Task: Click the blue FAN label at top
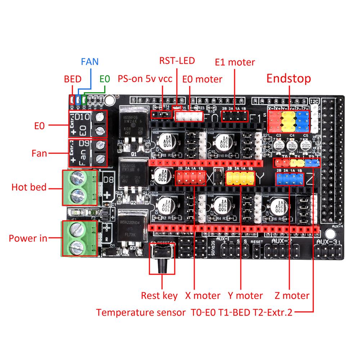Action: (89, 61)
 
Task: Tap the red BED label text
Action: (72, 79)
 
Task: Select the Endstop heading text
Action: (288, 78)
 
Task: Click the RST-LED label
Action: (177, 60)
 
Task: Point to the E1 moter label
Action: (235, 62)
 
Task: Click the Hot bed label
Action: (29, 187)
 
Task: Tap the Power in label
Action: (28, 238)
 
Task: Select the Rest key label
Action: (159, 296)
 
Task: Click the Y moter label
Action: (245, 296)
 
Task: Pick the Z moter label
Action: (292, 296)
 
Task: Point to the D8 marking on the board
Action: (108, 179)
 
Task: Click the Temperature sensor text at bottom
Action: (141, 312)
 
